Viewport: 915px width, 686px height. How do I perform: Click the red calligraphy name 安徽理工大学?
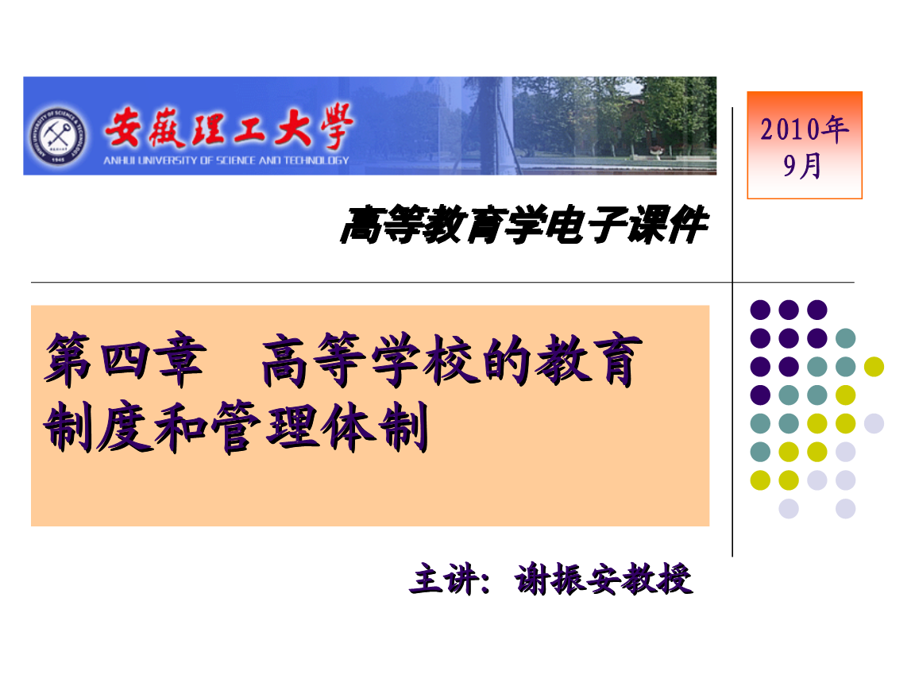pos(226,128)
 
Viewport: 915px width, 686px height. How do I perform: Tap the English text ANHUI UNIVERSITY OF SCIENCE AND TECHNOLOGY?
pos(226,160)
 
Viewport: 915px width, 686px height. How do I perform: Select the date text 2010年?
pos(804,129)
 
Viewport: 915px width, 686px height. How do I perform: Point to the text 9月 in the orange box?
pos(803,166)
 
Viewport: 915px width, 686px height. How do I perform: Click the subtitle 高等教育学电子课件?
pos(523,225)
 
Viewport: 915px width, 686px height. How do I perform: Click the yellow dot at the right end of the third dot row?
pos(874,367)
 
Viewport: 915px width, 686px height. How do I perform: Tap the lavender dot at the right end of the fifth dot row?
pos(874,423)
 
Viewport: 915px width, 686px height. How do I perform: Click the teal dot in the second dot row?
pos(845,338)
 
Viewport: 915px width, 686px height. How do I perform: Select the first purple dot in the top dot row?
pos(760,310)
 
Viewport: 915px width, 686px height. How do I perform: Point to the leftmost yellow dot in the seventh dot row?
pos(760,480)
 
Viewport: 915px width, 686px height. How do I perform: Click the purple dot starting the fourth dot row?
pos(760,395)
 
